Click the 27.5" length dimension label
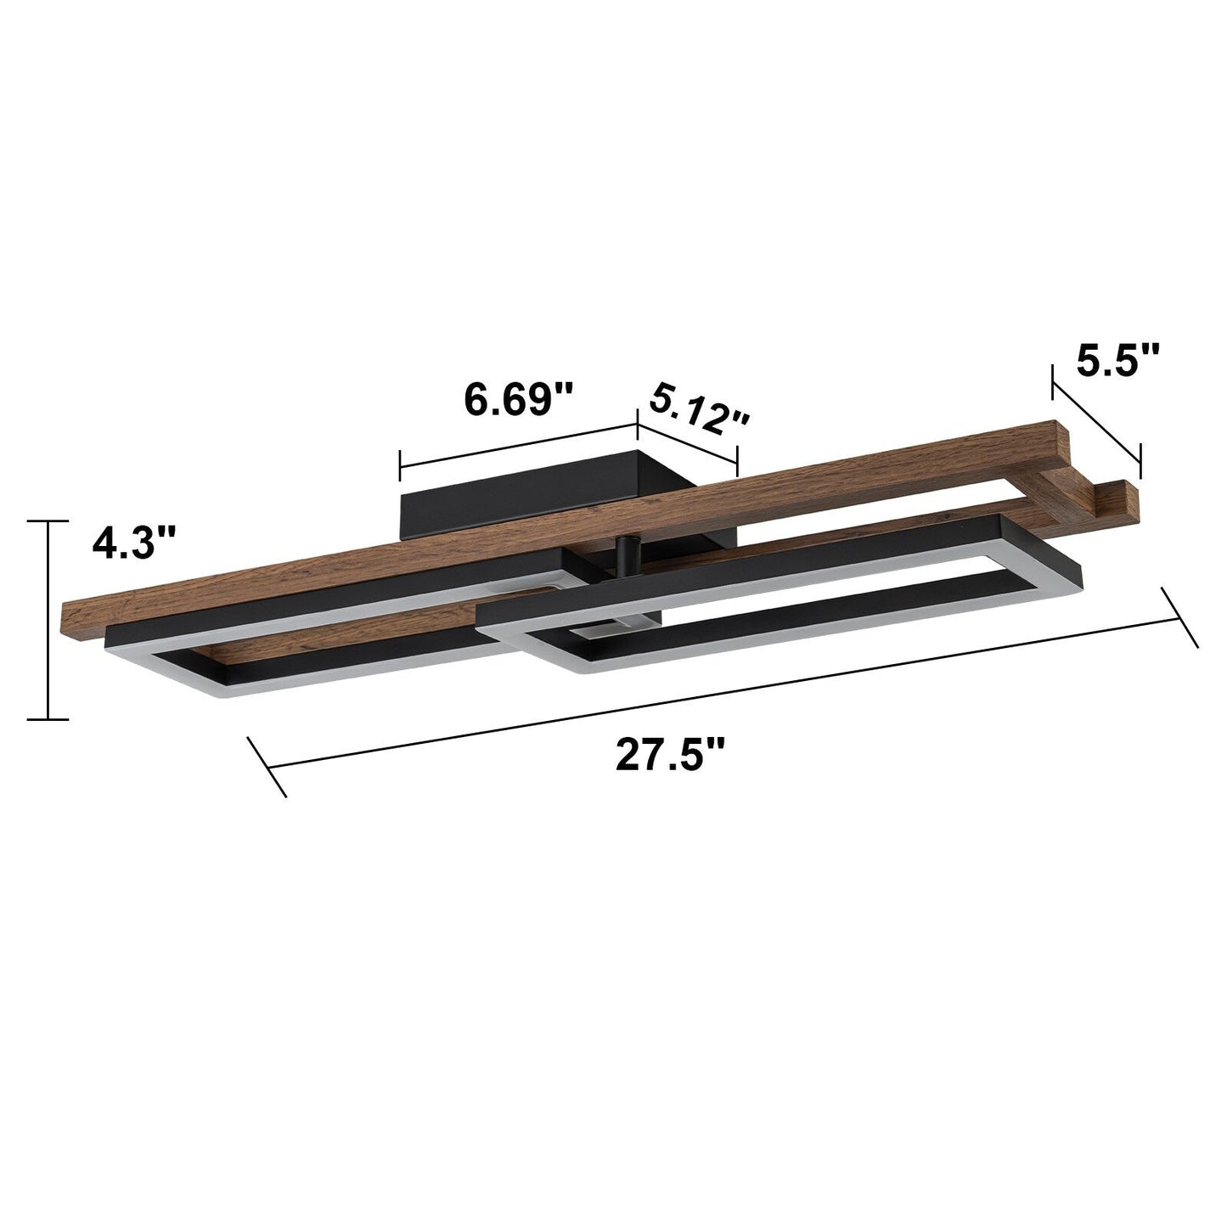[671, 754]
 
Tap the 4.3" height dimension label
[135, 542]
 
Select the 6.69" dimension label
[519, 399]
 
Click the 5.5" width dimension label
[1117, 360]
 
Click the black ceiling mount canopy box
[543, 501]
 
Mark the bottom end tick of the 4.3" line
[48, 720]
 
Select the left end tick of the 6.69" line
[400, 466]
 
